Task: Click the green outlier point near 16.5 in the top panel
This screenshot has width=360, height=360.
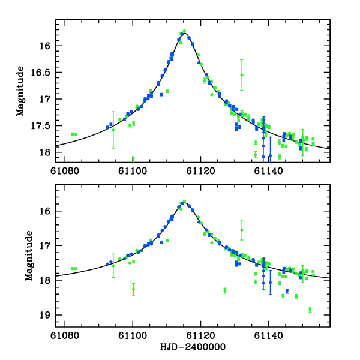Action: click(x=242, y=74)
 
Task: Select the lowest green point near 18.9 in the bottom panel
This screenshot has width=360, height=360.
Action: click(x=310, y=310)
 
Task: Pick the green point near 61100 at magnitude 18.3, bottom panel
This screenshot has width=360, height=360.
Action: click(x=133, y=289)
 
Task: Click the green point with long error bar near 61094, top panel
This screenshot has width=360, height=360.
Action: click(x=113, y=130)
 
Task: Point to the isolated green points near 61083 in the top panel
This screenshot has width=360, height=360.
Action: click(x=74, y=134)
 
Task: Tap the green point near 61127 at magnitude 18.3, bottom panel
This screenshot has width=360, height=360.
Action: click(x=225, y=290)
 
